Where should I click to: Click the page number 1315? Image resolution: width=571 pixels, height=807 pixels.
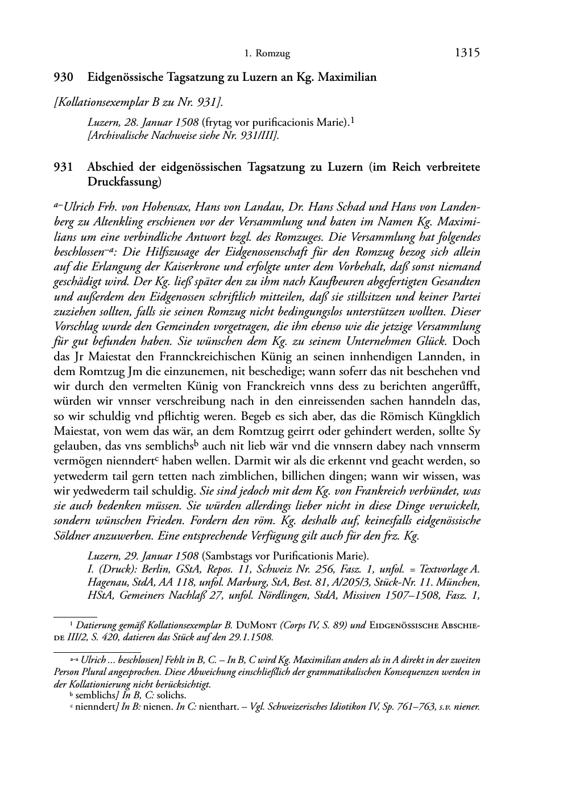(x=467, y=53)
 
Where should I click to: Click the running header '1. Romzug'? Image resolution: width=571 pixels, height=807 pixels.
(x=267, y=54)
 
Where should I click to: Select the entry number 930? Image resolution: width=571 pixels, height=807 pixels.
(x=63, y=77)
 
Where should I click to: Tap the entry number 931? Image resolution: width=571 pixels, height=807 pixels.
(x=63, y=167)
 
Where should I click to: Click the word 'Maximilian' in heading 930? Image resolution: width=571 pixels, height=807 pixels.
(x=347, y=77)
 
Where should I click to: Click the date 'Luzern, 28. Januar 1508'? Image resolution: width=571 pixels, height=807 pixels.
(x=143, y=122)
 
